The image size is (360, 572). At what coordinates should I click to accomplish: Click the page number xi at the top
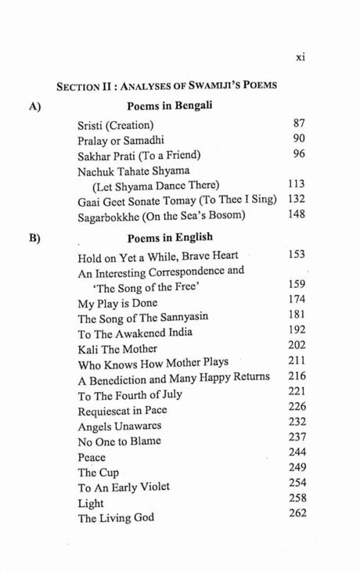click(297, 56)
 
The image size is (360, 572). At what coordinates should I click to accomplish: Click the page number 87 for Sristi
click(297, 124)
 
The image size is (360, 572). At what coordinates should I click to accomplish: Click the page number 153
click(295, 254)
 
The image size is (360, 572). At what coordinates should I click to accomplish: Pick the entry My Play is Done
click(117, 302)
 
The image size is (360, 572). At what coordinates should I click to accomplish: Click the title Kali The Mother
click(117, 348)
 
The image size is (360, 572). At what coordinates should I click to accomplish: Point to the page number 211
click(295, 361)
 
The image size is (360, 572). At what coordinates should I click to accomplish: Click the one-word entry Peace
click(92, 456)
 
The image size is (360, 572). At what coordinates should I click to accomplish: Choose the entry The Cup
click(98, 472)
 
